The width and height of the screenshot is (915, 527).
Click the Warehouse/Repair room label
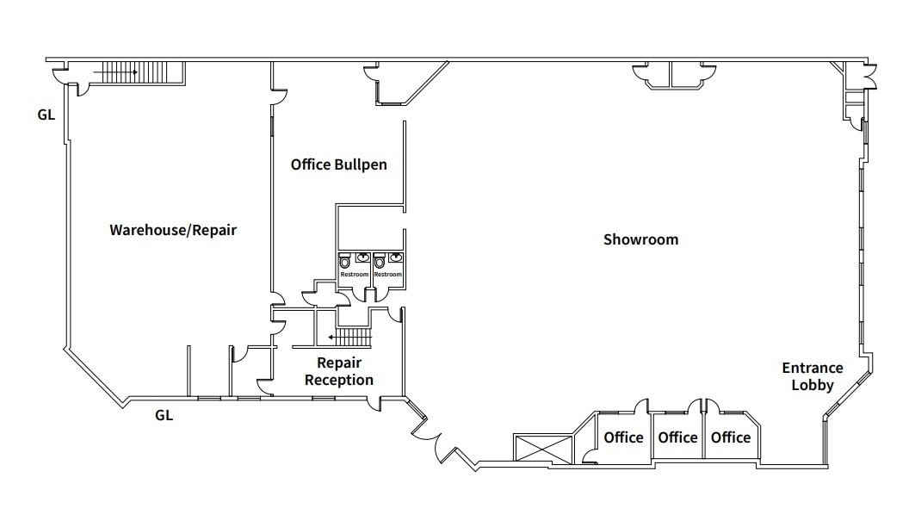coord(172,230)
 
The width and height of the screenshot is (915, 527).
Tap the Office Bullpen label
coord(338,164)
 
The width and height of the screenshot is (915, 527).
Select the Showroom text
coord(640,239)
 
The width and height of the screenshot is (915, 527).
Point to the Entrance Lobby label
coord(812,376)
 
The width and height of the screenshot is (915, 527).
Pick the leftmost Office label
coord(623,437)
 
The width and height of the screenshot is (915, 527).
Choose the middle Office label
coord(677,437)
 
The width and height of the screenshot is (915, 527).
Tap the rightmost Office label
coord(730,437)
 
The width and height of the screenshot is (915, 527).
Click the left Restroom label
coord(354,275)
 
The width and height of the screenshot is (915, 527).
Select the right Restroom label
coord(387,275)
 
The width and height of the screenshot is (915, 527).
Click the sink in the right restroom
coord(395,257)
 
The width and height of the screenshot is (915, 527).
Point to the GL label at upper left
coord(46,114)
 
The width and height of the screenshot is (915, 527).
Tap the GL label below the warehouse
coord(164,415)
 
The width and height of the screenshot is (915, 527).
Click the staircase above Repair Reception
coord(351,337)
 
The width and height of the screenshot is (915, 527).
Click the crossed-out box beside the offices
coord(542,449)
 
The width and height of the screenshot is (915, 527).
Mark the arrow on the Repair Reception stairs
coord(331,338)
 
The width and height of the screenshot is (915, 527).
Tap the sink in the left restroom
coord(362,257)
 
